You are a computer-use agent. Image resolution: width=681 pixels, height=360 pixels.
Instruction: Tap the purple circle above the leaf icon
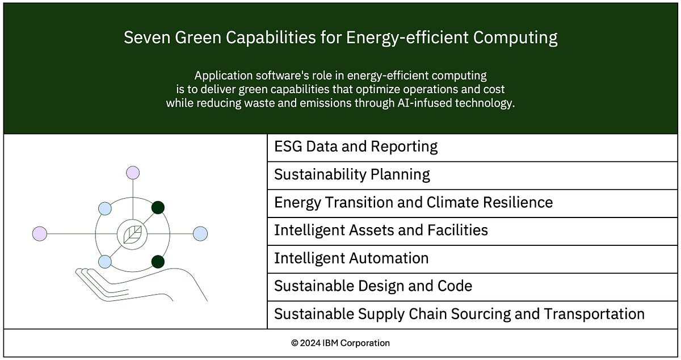pos(133,173)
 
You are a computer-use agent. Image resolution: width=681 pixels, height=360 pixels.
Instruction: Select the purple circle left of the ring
pos(40,233)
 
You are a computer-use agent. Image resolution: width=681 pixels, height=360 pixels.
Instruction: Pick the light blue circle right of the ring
pos(200,233)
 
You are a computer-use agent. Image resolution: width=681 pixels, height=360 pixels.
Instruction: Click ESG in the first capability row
pos(288,146)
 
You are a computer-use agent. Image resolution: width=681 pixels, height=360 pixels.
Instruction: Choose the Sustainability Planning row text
pos(352,174)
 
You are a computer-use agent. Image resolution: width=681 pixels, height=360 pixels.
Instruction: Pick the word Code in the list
pos(454,286)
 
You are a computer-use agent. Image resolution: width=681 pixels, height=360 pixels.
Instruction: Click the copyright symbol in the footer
pos(295,343)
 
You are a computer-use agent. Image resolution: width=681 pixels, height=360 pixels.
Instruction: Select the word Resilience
pos(520,202)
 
